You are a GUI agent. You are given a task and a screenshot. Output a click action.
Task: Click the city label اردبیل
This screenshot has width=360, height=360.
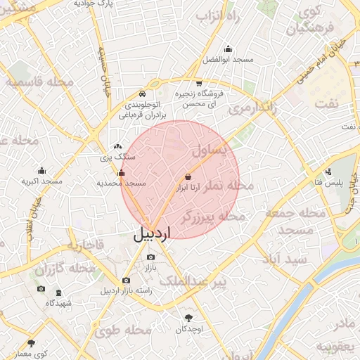point(151,234)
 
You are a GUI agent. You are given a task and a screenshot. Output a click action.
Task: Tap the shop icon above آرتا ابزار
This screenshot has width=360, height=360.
point(188,176)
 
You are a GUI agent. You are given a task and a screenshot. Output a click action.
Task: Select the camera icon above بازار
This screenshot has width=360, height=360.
point(150,257)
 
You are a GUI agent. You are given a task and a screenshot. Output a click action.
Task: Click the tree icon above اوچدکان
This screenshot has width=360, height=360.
point(188,318)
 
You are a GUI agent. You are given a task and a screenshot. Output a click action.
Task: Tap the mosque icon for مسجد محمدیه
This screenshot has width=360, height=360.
point(121,172)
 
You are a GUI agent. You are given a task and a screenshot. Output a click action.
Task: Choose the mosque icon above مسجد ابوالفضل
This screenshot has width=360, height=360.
point(228,49)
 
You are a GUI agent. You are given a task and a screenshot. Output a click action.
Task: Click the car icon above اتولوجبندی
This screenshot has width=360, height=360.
point(142,94)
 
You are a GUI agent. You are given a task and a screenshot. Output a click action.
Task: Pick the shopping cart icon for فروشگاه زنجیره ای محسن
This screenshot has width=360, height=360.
point(200,83)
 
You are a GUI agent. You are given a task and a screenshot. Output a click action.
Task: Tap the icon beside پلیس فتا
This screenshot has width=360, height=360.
point(328,172)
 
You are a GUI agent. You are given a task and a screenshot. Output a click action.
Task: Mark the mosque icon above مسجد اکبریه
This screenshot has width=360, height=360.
point(41,171)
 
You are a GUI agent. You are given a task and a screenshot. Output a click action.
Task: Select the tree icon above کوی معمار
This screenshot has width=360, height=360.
point(31,344)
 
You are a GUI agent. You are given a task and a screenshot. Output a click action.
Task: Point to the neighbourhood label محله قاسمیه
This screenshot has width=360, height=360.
point(40,83)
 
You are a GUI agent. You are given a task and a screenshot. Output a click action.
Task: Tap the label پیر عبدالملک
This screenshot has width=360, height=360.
point(192,281)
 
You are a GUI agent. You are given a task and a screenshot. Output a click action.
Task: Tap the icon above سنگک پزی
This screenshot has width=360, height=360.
point(117,146)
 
